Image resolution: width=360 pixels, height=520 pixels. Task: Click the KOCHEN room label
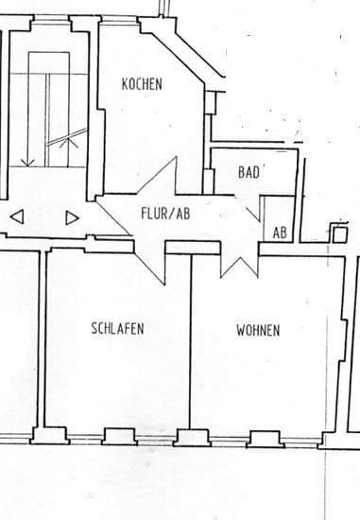(x=142, y=84)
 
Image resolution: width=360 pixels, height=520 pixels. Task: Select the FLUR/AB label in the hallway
(x=165, y=214)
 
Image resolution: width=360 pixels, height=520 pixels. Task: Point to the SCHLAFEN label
(x=117, y=329)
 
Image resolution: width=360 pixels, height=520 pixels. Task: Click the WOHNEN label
(x=257, y=331)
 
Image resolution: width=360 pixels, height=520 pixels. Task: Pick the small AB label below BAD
(x=280, y=232)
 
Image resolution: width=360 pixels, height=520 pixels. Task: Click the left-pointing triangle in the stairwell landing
(x=16, y=217)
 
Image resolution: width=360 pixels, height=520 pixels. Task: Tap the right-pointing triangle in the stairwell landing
(x=72, y=217)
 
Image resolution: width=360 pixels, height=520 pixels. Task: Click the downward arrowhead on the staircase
(x=28, y=163)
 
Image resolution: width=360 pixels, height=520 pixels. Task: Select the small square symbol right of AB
(x=339, y=232)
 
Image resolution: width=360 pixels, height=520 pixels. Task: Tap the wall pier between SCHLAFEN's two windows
(x=118, y=436)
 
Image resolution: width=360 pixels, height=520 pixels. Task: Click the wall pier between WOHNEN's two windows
(x=262, y=437)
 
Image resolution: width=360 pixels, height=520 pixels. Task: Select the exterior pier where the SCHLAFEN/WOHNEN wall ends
(x=190, y=436)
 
